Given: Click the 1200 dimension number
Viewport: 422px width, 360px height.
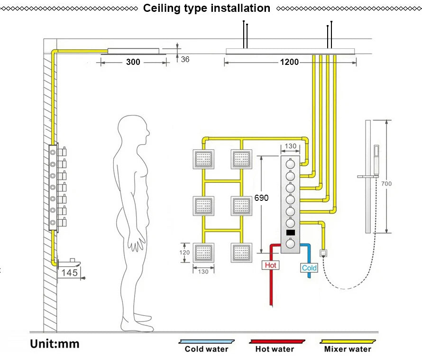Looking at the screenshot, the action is pos(289,62).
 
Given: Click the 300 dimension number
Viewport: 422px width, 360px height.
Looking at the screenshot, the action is pos(133,62).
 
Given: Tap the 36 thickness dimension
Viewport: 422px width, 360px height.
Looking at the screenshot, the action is pos(185,59).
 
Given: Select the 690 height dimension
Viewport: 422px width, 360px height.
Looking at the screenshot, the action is pos(261,198).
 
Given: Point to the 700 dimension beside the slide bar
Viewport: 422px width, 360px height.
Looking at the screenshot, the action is pos(386,184).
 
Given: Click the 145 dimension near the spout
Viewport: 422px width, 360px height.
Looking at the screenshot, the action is pos(69,273).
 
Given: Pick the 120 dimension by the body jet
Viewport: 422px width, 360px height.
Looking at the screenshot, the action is pos(184,252).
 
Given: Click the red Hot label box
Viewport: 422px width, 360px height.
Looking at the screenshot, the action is pos(270,265).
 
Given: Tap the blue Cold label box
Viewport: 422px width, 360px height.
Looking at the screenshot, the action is pos(309,268).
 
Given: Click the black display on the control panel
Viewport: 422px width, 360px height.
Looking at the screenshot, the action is pos(291,233).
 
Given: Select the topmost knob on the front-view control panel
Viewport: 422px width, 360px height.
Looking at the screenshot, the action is pos(290,164).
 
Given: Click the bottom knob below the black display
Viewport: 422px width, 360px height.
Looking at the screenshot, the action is pos(290,243).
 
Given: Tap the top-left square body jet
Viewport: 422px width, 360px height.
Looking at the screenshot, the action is pos(203,159).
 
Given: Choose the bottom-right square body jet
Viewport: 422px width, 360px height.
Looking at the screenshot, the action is pos(241,253).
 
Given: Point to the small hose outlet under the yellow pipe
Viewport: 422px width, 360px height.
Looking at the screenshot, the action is pos(323,253).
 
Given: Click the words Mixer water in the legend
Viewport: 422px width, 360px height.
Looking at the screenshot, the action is pos(348,349).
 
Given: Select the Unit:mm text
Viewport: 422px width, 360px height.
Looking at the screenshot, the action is pos(55,344).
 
